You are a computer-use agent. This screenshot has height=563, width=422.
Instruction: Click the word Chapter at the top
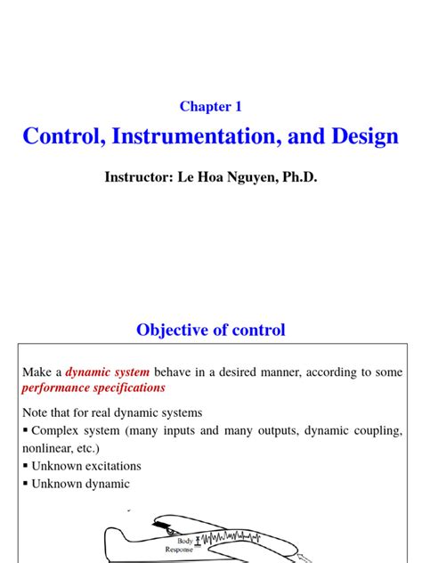[x=204, y=107]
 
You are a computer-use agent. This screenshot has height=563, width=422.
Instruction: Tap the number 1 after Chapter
[x=239, y=107]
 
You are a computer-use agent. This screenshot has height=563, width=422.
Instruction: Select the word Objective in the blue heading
[x=170, y=330]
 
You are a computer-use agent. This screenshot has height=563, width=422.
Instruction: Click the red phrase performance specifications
[x=93, y=388]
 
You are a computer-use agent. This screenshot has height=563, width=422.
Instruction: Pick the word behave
[x=175, y=372]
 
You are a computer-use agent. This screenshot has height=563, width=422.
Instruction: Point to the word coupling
[x=376, y=431]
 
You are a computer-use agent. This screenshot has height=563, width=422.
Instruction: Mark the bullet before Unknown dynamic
[x=26, y=484]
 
